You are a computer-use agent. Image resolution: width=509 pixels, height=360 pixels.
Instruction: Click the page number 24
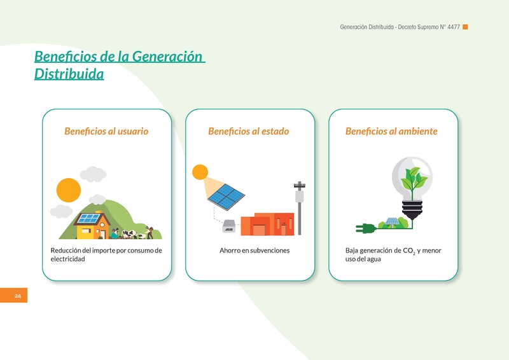click(18, 296)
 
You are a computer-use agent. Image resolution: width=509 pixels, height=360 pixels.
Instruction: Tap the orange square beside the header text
click(465, 27)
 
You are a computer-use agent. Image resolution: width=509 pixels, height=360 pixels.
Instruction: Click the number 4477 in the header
click(454, 27)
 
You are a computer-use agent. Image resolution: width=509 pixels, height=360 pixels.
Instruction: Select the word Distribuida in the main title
click(69, 74)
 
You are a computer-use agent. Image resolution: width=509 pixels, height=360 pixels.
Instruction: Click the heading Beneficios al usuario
click(106, 131)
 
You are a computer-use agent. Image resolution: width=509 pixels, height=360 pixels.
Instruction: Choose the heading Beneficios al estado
click(248, 131)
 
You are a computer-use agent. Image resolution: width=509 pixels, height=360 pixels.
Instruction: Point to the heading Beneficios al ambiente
click(391, 131)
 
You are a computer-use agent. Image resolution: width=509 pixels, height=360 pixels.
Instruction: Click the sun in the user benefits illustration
click(69, 190)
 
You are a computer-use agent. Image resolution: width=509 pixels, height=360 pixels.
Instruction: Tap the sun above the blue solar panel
click(200, 172)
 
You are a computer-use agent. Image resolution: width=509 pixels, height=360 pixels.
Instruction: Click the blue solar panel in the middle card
click(227, 197)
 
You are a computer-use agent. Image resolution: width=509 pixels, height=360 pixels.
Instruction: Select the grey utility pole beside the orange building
click(299, 208)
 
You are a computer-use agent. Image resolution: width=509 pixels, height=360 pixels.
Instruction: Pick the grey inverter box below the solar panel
click(229, 226)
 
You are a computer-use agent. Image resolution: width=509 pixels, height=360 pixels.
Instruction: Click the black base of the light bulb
click(412, 210)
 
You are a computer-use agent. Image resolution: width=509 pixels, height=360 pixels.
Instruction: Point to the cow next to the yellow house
click(129, 233)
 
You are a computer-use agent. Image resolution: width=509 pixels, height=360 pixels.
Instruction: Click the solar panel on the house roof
click(89, 218)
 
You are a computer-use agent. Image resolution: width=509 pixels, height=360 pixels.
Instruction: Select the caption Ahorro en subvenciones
click(254, 250)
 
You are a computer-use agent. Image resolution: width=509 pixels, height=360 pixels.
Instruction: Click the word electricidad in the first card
click(67, 259)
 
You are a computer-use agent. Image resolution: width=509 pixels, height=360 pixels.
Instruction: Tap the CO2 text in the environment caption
click(409, 251)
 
